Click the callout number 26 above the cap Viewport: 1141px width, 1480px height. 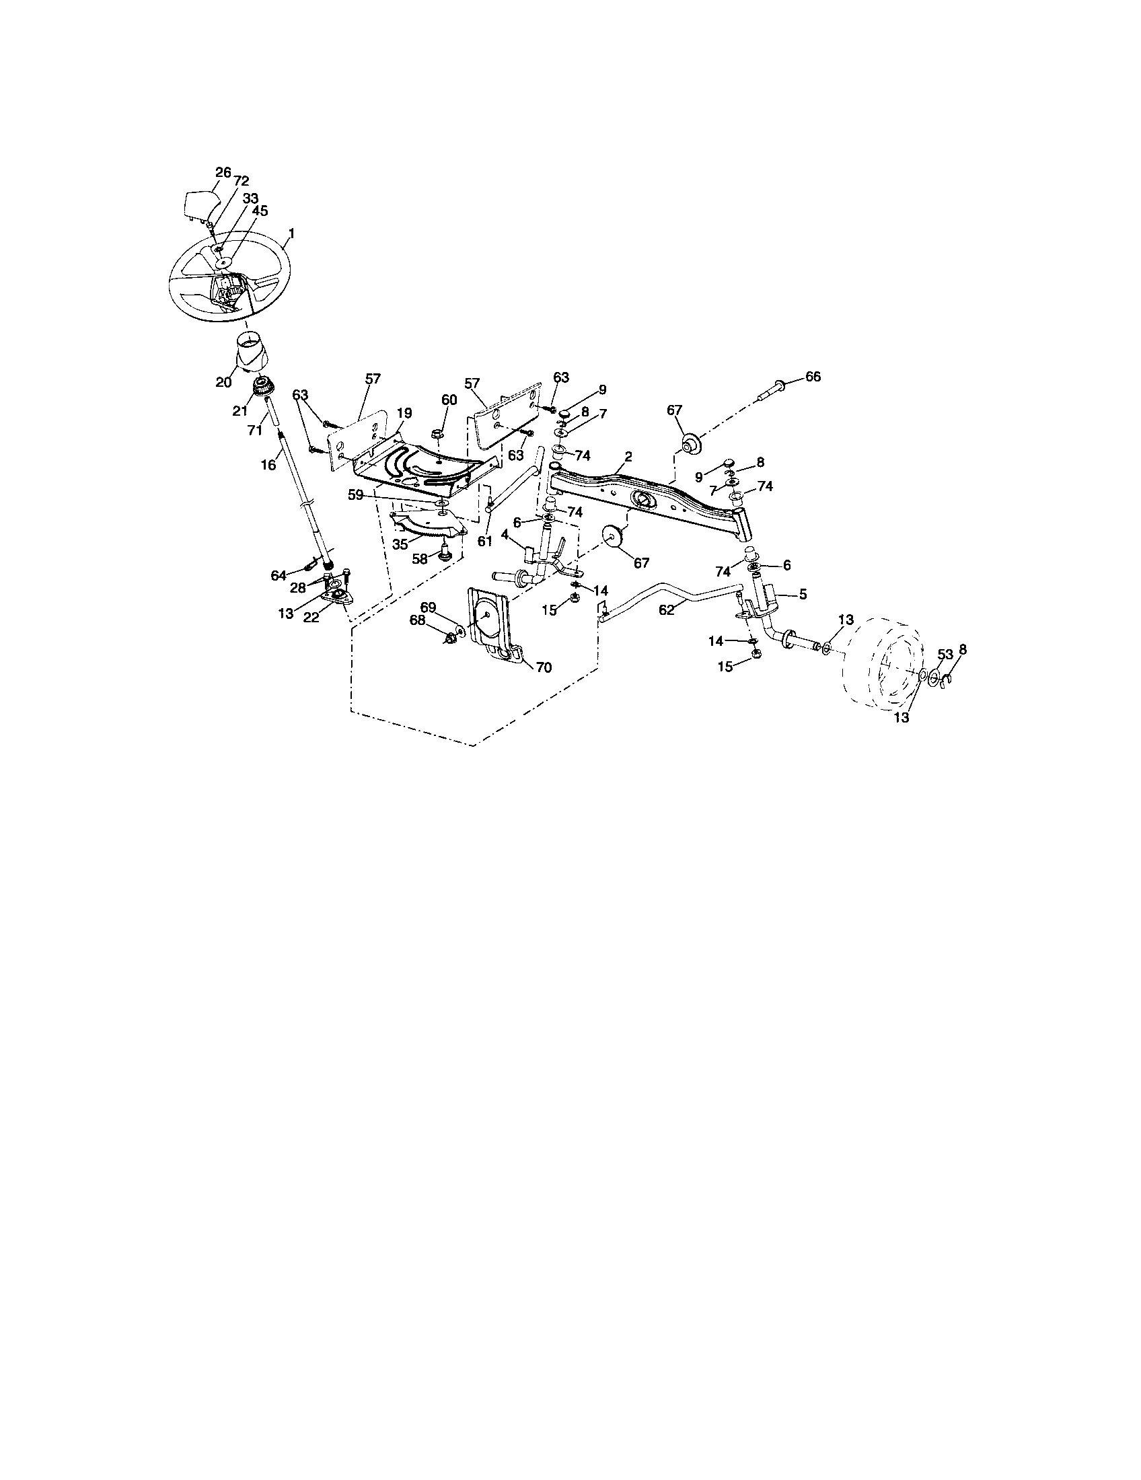coord(223,172)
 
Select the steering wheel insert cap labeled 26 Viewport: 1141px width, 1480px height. coord(200,204)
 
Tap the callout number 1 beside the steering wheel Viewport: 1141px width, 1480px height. coord(291,233)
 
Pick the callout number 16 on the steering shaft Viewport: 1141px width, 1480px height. coord(268,464)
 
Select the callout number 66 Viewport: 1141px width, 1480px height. coord(813,376)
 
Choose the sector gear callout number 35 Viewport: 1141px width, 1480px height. coord(400,544)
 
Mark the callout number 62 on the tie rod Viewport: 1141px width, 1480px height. coord(667,609)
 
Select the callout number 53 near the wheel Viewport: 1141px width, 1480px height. coord(945,654)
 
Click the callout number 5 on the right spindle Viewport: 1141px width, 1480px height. coord(803,594)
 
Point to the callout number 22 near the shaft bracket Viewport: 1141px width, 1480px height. coord(311,618)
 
